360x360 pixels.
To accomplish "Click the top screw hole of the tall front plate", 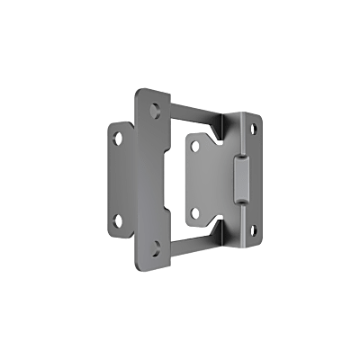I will point(156,112).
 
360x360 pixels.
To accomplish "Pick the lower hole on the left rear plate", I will point(116,219).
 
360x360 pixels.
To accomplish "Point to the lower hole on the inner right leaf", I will point(195,213).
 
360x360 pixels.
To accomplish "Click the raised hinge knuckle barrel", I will point(241,179).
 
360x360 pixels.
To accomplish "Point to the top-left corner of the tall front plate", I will point(137,90).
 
